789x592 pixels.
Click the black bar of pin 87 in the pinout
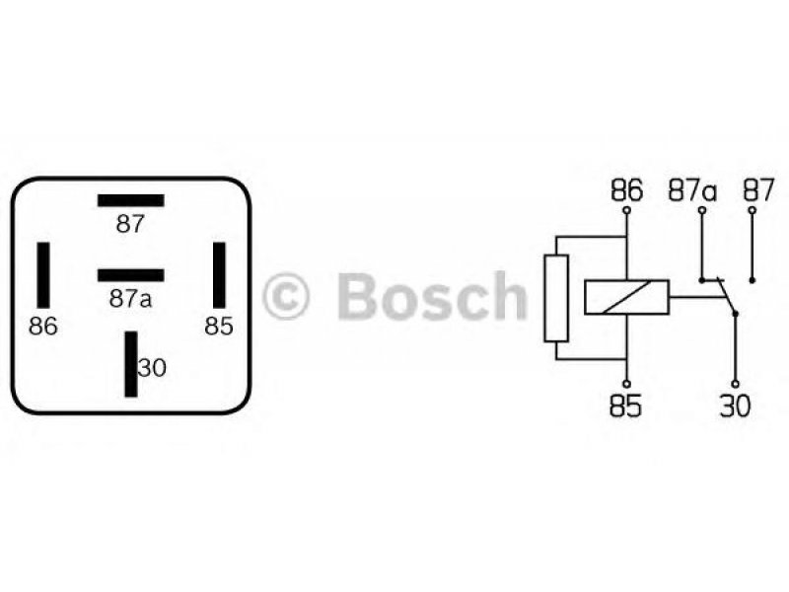click(x=131, y=200)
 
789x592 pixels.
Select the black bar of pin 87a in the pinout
click(x=131, y=275)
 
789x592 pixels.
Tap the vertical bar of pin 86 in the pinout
click(x=43, y=275)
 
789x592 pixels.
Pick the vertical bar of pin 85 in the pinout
click(x=219, y=275)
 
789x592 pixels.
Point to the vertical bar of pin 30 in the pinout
click(x=131, y=364)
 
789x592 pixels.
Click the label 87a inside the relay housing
click(x=130, y=299)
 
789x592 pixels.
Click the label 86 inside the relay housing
click(x=43, y=327)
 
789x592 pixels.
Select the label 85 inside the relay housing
click(x=219, y=327)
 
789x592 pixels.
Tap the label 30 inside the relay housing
click(x=152, y=368)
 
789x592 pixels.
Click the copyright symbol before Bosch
click(x=286, y=296)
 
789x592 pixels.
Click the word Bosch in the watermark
click(x=432, y=296)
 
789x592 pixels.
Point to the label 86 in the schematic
click(x=627, y=190)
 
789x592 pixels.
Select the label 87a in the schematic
click(x=693, y=190)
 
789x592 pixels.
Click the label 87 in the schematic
click(x=758, y=190)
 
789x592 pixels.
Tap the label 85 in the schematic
click(x=626, y=406)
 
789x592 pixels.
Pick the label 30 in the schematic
click(x=735, y=406)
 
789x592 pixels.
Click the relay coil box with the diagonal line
click(x=626, y=297)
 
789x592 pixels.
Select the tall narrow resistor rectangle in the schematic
click(x=556, y=299)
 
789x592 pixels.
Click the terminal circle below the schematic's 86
click(x=627, y=210)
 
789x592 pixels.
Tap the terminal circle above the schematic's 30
click(x=735, y=384)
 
